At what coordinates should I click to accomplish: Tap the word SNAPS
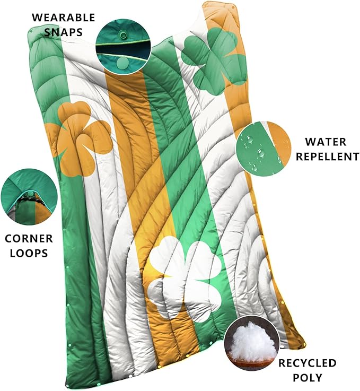coord(63,32)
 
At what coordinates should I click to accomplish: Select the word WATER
coord(325,142)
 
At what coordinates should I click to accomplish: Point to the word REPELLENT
coord(325,157)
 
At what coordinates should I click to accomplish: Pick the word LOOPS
coord(30,253)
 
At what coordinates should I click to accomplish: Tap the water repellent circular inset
coord(264,147)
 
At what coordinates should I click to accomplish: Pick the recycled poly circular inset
coord(250,344)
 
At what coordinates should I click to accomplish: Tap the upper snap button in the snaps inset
coord(123,35)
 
